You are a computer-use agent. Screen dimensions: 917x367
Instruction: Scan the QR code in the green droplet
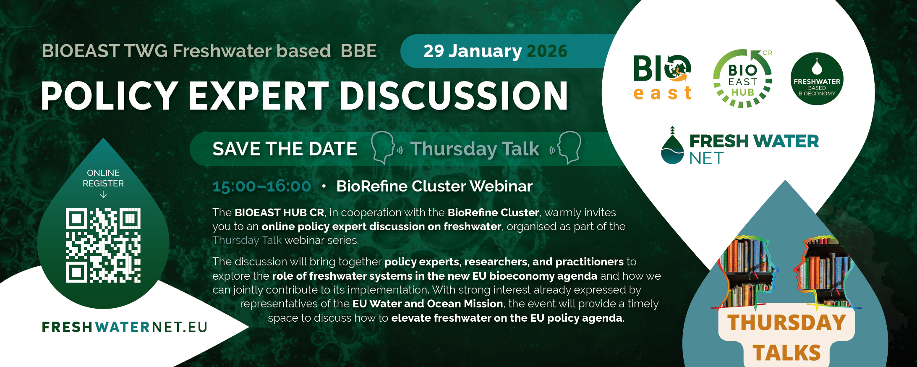click(103, 245)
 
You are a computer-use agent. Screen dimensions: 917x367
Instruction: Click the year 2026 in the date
click(547, 51)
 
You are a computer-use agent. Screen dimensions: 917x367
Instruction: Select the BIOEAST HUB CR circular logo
click(742, 79)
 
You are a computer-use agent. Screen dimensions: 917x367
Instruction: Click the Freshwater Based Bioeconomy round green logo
click(817, 79)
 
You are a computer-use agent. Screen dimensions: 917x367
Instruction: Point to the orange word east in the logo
click(662, 93)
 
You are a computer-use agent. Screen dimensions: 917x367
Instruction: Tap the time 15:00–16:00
click(261, 186)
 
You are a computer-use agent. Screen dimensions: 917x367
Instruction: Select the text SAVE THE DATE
click(285, 149)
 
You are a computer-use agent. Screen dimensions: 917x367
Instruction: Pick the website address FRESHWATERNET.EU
click(125, 327)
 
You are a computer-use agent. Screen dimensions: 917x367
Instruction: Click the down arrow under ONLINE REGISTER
click(103, 194)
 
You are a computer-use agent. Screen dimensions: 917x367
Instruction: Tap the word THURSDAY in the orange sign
click(786, 322)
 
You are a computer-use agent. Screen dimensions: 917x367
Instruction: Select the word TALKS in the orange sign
click(786, 353)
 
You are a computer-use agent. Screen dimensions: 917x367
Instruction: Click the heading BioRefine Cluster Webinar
click(434, 186)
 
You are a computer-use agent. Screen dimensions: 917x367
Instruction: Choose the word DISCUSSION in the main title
click(454, 96)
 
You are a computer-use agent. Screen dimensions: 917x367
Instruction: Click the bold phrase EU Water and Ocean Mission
click(428, 304)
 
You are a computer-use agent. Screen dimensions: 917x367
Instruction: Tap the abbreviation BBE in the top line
click(358, 51)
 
